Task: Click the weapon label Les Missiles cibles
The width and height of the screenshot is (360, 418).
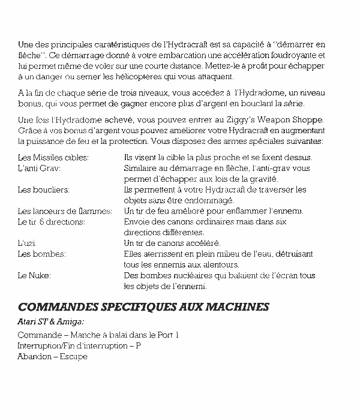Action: (x=53, y=158)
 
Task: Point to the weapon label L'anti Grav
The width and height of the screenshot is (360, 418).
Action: (x=40, y=169)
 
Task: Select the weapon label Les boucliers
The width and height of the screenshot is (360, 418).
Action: (x=44, y=190)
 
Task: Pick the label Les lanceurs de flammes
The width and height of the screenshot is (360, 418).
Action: (x=65, y=211)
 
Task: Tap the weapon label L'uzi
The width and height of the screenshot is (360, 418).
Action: (x=28, y=243)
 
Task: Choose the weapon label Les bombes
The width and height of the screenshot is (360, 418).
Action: (x=42, y=254)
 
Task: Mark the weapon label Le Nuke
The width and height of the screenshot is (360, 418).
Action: (x=35, y=275)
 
